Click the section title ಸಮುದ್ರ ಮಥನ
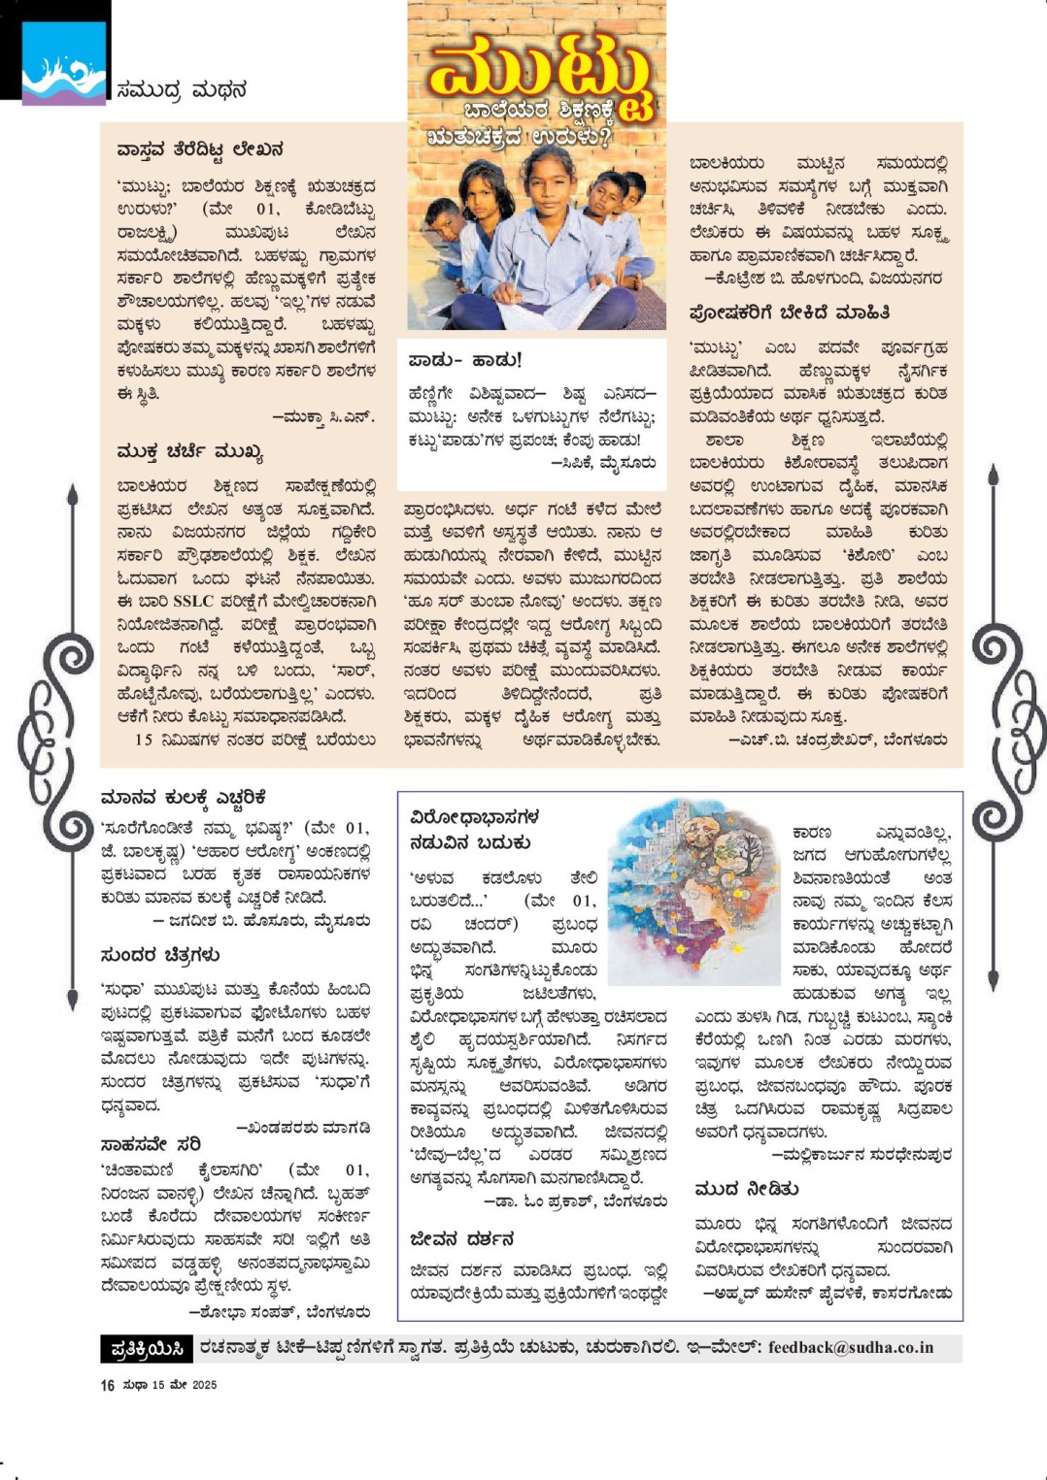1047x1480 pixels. [182, 90]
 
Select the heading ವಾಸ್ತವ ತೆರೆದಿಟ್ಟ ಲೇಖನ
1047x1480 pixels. [200, 149]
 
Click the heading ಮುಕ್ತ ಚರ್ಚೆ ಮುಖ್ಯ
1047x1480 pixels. [189, 452]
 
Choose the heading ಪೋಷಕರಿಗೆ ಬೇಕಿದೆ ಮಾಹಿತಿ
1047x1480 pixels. [789, 312]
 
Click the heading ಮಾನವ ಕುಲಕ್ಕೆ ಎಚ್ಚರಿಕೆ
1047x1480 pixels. [184, 798]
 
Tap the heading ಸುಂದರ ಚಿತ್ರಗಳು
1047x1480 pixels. [160, 955]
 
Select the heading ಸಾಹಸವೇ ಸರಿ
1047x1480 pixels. [151, 1144]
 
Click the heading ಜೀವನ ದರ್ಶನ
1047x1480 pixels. [461, 1239]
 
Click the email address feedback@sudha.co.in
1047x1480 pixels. [850, 1347]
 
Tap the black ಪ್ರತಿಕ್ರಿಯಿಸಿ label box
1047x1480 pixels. [147, 1348]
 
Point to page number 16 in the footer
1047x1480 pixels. [107, 1386]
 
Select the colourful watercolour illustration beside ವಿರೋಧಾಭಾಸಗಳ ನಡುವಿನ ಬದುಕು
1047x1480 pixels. [692, 890]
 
